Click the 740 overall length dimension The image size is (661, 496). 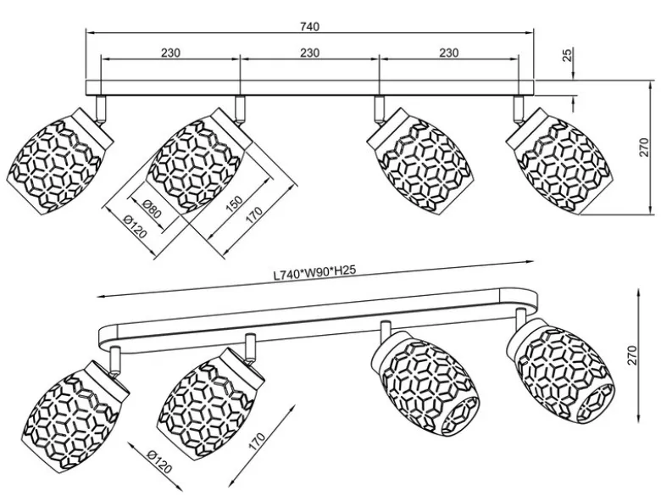(x=310, y=26)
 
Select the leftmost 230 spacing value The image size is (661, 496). (x=170, y=53)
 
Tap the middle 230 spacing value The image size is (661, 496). (x=310, y=53)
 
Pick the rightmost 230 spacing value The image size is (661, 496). (x=449, y=53)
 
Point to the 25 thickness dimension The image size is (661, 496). (x=568, y=55)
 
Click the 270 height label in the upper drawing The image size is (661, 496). (x=644, y=148)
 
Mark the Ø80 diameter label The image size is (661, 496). (x=152, y=208)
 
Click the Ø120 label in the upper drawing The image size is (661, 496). (x=136, y=226)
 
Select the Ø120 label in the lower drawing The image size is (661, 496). (x=160, y=461)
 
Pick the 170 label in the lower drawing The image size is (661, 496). (x=257, y=442)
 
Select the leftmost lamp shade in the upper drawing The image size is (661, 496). (x=60, y=162)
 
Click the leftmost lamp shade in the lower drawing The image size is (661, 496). (x=75, y=416)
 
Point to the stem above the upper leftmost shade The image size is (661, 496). (x=101, y=109)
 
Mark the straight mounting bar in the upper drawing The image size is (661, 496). (x=310, y=86)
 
